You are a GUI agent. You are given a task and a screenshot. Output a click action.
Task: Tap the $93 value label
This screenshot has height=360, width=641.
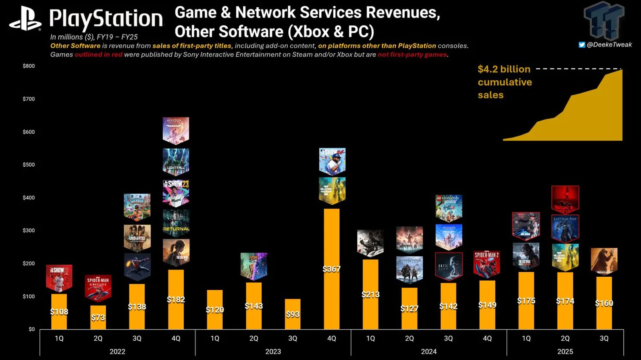click(x=292, y=314)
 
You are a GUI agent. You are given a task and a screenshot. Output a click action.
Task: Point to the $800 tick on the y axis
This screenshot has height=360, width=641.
click(x=28, y=66)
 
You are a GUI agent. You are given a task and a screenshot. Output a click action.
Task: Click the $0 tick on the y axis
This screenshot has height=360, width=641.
click(x=31, y=329)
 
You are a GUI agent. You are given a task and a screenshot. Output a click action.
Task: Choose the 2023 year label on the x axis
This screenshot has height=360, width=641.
click(x=273, y=352)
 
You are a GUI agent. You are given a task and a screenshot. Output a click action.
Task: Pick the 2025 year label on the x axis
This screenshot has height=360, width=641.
click(x=565, y=352)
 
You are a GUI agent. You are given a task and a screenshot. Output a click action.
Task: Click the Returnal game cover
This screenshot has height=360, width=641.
click(x=176, y=223)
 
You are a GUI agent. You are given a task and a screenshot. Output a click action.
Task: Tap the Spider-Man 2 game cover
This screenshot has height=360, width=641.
click(x=487, y=263)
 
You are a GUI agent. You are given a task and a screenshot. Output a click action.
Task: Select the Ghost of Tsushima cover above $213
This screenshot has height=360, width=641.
click(x=370, y=242)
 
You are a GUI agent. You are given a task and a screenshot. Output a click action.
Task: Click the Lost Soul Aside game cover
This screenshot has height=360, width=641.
click(x=565, y=229)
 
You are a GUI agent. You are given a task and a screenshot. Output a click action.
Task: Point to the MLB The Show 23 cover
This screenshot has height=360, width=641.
click(x=176, y=193)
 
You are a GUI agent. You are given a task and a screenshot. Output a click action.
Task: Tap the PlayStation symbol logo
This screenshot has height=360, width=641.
click(x=25, y=19)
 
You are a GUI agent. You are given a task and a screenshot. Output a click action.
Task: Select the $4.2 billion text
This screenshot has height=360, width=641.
click(x=504, y=69)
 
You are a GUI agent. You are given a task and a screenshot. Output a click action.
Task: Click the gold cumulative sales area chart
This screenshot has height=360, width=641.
click(x=593, y=120)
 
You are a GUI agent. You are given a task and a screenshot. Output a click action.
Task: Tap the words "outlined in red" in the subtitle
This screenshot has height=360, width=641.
click(x=98, y=54)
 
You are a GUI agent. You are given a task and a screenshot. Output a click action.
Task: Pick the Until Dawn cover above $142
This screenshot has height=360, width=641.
click(x=448, y=266)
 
